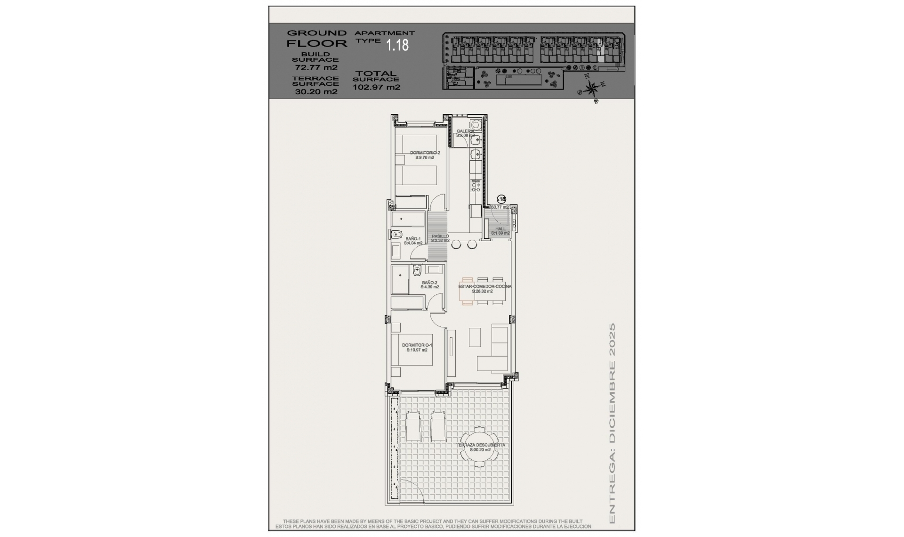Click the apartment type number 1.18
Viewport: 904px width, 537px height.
(397, 45)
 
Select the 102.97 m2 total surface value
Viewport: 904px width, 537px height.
(376, 87)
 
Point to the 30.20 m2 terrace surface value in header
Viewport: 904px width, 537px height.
(316, 92)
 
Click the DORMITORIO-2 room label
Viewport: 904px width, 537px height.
(425, 153)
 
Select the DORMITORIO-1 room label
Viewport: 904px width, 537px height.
(417, 345)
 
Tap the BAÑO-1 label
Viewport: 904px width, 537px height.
(413, 239)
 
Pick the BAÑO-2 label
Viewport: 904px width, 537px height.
(429, 283)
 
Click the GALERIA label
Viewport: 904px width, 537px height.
(465, 131)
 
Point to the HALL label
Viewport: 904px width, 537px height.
(500, 229)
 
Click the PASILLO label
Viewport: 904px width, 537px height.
(440, 236)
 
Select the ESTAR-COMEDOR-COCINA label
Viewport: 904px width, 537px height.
(484, 286)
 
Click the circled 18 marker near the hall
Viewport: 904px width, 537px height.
(501, 199)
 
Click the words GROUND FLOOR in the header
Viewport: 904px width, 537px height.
(316, 38)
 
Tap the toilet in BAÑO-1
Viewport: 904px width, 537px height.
(396, 234)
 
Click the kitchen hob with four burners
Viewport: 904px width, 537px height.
(476, 187)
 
